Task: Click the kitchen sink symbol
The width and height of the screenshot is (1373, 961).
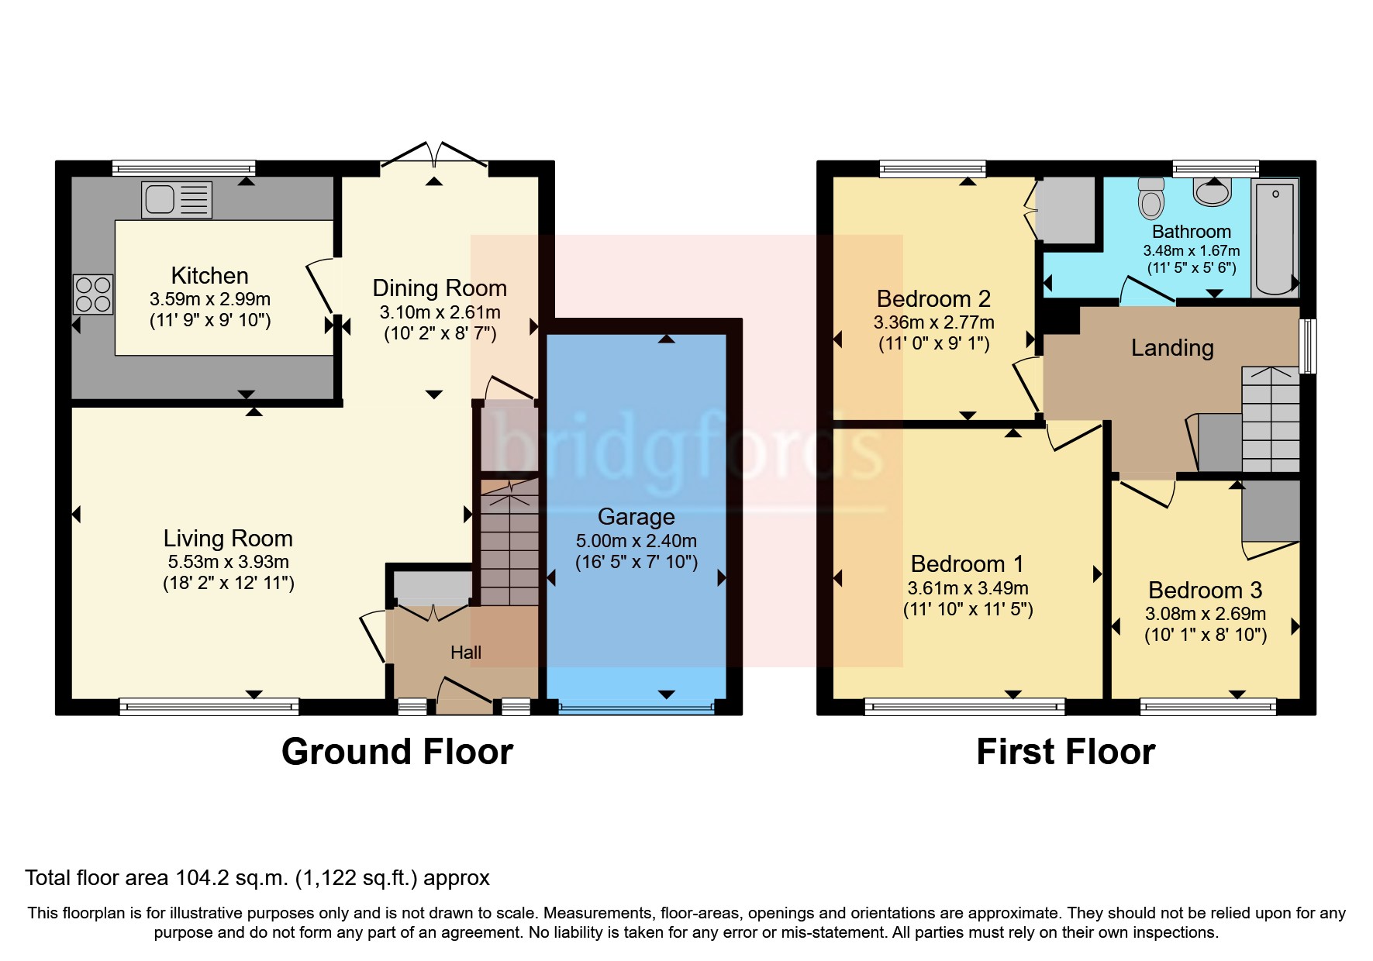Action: (x=177, y=199)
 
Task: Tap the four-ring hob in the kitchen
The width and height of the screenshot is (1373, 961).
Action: (x=93, y=294)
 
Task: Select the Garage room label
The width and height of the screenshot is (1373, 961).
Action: (x=636, y=517)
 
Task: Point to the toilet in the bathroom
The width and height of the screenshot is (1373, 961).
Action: (x=1152, y=198)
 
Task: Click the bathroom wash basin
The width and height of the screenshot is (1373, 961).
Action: (x=1213, y=191)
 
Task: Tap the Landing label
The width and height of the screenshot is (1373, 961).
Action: (x=1171, y=348)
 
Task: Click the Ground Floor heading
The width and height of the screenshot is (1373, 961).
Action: (x=397, y=752)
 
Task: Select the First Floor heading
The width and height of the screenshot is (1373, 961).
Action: (x=1065, y=752)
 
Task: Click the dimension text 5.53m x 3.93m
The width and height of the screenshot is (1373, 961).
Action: (x=229, y=562)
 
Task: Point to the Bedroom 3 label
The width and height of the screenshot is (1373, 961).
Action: (x=1205, y=591)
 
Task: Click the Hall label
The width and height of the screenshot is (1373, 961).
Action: (x=466, y=653)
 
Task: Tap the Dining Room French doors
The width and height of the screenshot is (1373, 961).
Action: (x=434, y=155)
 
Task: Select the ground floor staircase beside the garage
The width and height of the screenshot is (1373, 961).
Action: (x=509, y=542)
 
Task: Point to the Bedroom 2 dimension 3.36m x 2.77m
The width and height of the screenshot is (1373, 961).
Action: (x=933, y=322)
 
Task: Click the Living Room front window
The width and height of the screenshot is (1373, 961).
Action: (x=209, y=706)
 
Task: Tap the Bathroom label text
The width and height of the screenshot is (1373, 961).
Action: (x=1191, y=232)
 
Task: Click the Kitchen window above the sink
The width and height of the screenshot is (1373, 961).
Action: (x=184, y=167)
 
